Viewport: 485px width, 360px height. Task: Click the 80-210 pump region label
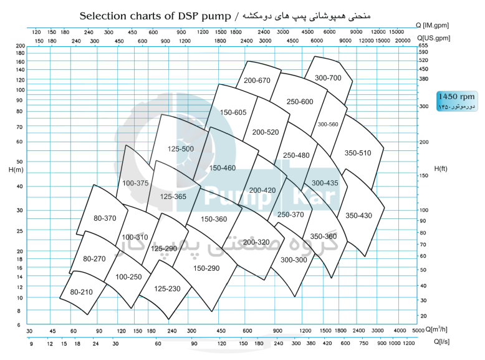pos(81,292)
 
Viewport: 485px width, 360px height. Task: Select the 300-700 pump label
pos(328,78)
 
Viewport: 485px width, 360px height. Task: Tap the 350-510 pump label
pos(358,153)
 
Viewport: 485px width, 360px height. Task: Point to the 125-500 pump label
pos(181,149)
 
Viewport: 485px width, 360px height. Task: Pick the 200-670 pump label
pos(257,80)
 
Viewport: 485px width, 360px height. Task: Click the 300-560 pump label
pos(327,124)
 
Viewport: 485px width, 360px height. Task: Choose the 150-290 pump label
pos(206,268)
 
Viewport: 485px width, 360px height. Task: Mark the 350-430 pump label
pos(358,215)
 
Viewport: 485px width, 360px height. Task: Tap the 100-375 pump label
pos(135,183)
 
